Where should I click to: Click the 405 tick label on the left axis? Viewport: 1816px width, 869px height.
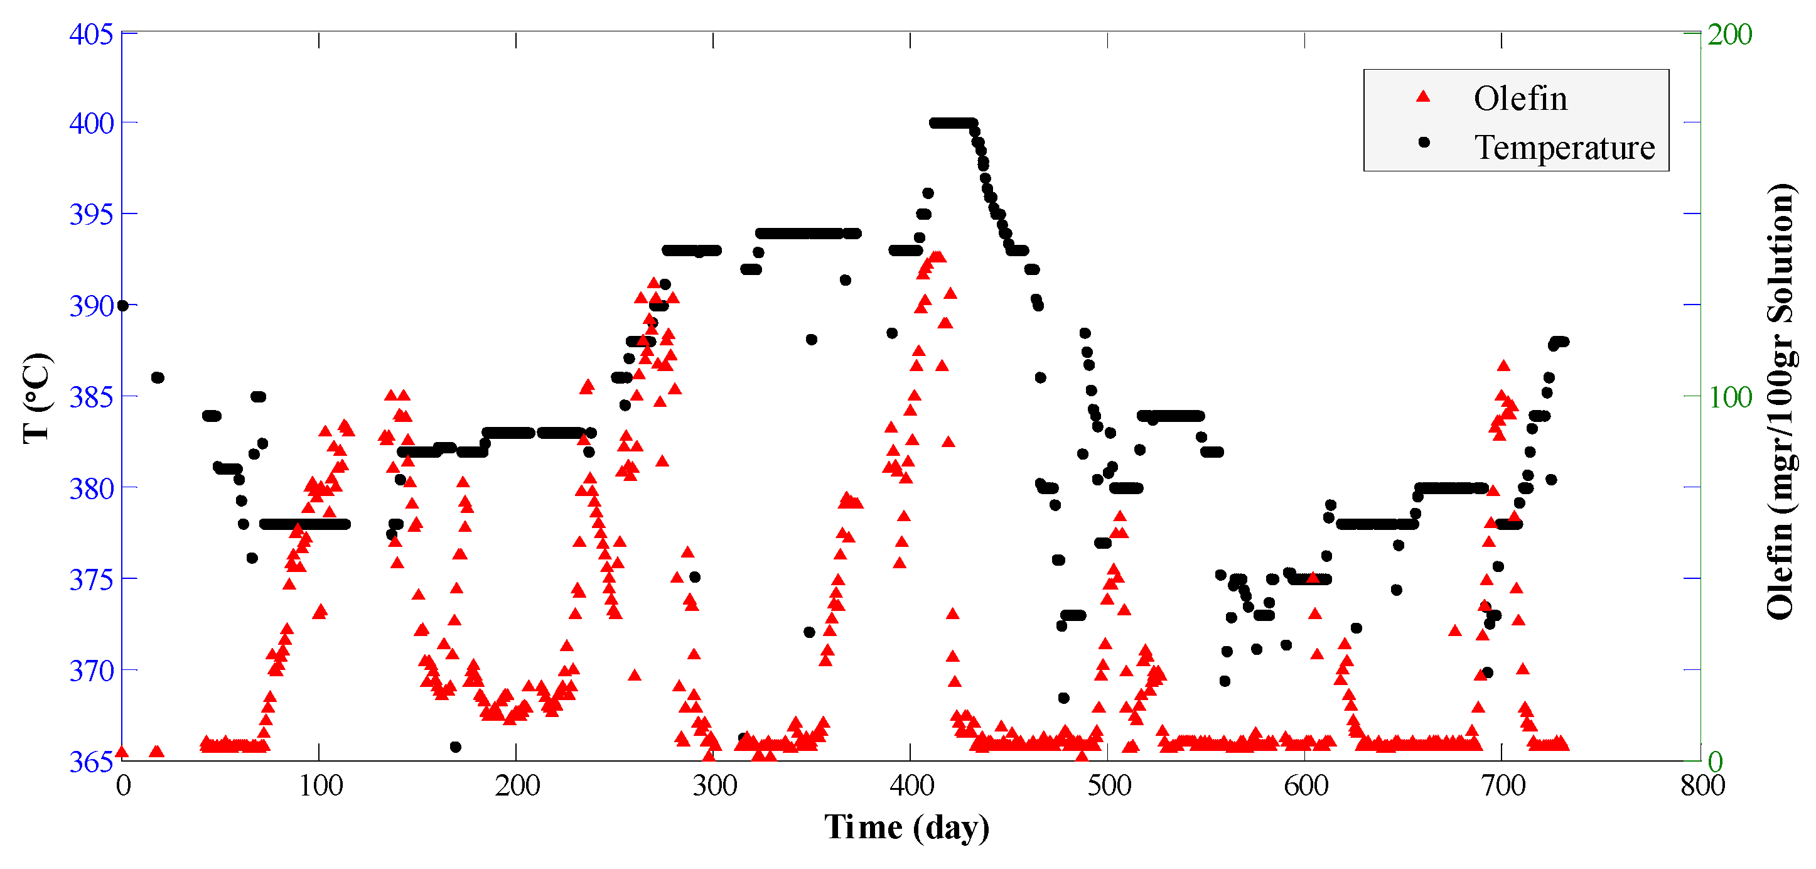coord(91,34)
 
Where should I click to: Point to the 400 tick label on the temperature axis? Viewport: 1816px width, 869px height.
coord(91,124)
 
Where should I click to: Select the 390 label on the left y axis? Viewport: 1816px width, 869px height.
coord(91,307)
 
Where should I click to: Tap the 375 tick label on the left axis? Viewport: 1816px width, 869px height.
coord(91,580)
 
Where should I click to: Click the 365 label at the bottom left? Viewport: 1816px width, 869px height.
coord(91,762)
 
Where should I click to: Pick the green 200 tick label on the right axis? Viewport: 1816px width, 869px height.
coord(1730,35)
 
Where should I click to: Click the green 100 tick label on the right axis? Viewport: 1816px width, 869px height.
coord(1730,398)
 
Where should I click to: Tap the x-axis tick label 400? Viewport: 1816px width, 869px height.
coord(911,785)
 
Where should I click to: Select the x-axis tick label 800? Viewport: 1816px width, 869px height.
coord(1702,785)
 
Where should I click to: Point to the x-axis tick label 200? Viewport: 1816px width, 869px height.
coord(517,785)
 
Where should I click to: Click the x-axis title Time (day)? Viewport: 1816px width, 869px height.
coord(907,828)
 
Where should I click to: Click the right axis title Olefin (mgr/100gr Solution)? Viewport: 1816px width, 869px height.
coord(1781,401)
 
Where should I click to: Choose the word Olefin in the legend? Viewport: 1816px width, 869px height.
coord(1520,99)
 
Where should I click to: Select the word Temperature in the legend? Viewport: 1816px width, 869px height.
coord(1564,148)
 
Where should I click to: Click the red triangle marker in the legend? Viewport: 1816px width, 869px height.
coord(1423,97)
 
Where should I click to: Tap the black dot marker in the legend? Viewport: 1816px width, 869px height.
coord(1423,143)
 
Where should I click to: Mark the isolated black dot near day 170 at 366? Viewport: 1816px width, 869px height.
coord(455,747)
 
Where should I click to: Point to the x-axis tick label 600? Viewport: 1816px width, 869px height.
coord(1306,785)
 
